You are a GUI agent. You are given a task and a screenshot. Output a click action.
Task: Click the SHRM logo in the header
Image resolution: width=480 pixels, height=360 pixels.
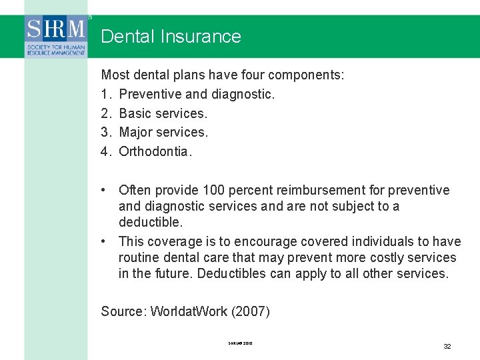pos(56,37)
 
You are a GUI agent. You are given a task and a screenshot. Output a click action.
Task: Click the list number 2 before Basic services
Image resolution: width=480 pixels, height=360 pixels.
pos(105,113)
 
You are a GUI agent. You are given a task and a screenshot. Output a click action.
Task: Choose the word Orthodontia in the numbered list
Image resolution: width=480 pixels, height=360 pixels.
pos(155,151)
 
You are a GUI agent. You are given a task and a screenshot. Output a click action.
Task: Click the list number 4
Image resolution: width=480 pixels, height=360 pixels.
pos(105,151)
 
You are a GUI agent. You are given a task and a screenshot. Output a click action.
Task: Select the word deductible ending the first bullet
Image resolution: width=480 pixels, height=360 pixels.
pos(150,222)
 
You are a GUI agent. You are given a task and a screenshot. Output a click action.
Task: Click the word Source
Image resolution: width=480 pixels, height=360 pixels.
pos(123,311)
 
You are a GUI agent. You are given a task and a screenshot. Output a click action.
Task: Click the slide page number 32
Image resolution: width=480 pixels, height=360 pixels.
pos(447,346)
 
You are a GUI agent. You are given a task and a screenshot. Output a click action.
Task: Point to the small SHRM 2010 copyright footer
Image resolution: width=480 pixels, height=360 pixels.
pos(240,344)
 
